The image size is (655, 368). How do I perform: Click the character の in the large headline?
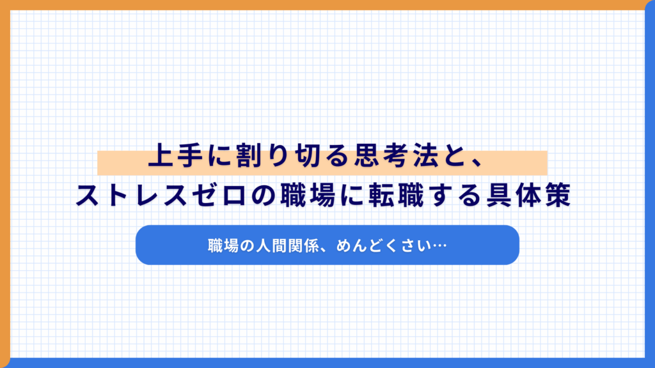[255, 195]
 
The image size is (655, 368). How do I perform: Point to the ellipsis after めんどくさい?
[439, 245]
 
